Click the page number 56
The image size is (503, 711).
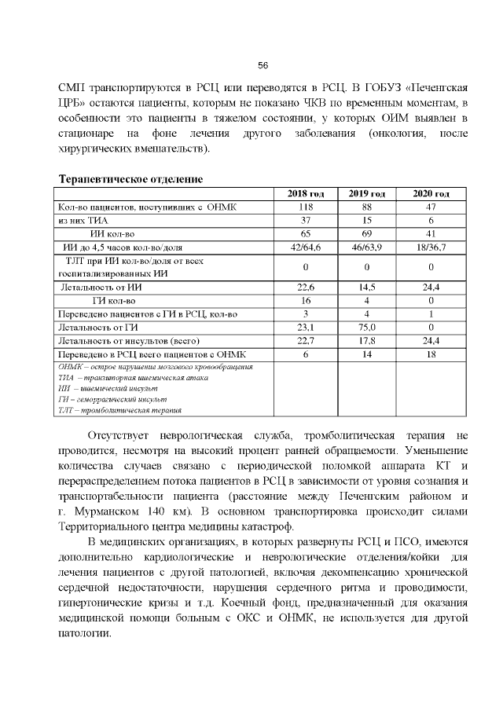coord(263,65)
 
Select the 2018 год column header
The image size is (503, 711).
coord(304,193)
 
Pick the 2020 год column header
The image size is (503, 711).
coord(431,193)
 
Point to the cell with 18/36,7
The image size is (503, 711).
coord(431,247)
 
